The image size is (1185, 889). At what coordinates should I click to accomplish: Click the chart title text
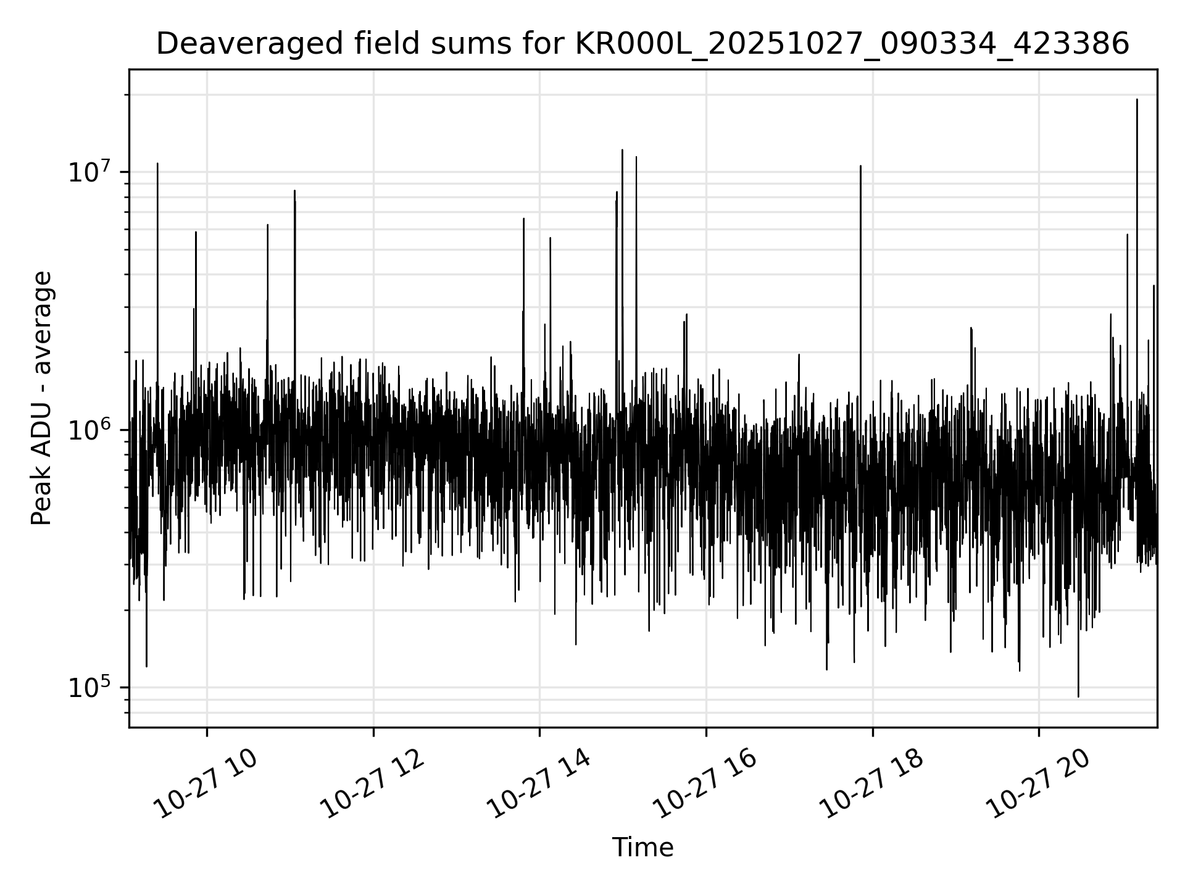[642, 44]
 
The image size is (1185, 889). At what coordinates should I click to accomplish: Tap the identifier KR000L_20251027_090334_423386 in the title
[852, 44]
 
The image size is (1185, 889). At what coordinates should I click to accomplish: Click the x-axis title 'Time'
[642, 848]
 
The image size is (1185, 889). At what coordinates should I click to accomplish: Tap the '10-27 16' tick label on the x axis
[705, 784]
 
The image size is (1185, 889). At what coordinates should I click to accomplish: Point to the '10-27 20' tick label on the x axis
[1038, 784]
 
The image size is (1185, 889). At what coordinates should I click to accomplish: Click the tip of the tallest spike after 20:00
[1137, 99]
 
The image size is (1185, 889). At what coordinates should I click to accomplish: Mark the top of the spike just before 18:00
[860, 166]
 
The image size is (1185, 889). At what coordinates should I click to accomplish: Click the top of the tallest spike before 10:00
[157, 164]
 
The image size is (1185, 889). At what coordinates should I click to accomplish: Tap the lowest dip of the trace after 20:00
[1078, 696]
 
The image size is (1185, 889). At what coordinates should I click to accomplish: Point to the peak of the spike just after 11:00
[294, 191]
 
